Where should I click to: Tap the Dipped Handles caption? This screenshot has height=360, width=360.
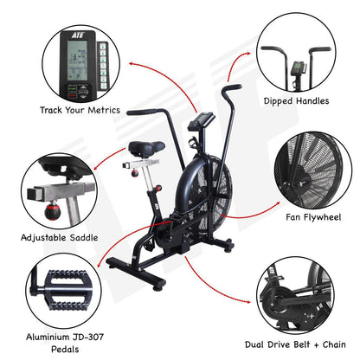click(x=296, y=101)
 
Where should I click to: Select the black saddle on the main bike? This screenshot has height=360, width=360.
click(x=147, y=149)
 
